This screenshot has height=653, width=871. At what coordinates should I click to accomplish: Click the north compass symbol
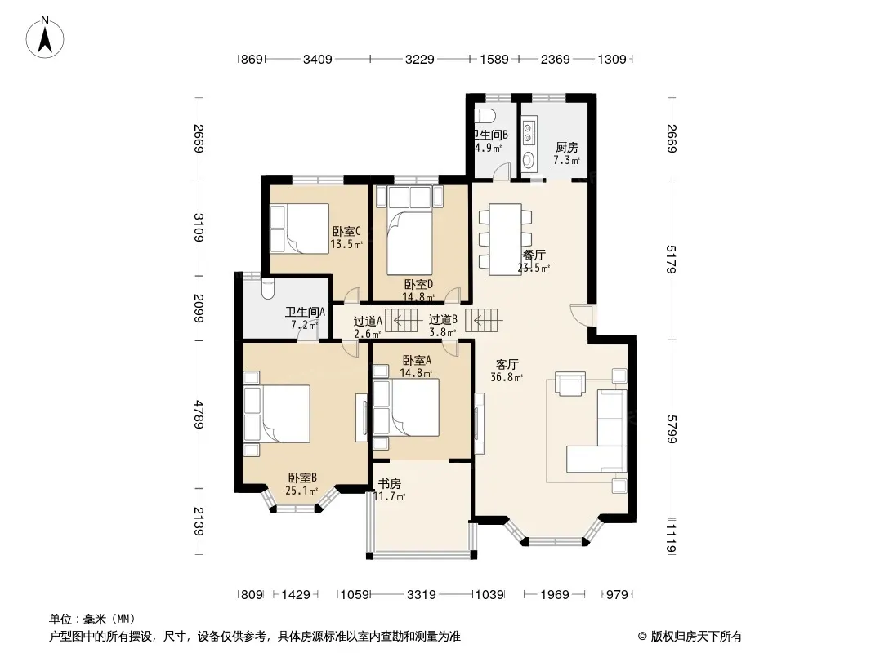click(x=45, y=37)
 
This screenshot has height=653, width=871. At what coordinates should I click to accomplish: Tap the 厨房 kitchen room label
click(x=566, y=148)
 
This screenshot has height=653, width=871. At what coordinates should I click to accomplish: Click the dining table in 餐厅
click(x=505, y=240)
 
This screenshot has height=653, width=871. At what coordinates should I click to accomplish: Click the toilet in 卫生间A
click(x=267, y=288)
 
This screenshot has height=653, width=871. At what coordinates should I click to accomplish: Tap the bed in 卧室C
click(x=299, y=229)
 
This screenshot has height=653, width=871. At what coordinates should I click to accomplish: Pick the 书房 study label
click(x=390, y=484)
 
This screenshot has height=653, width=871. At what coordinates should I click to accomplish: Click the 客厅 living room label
click(x=507, y=365)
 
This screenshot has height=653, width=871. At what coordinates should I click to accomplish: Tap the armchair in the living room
click(x=570, y=384)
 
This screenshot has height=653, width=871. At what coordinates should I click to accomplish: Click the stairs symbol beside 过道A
click(x=401, y=321)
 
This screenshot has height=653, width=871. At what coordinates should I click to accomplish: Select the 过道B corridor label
click(x=443, y=320)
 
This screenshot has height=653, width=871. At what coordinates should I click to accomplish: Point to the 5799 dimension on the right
click(x=672, y=429)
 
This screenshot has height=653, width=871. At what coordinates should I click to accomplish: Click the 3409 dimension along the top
click(x=318, y=59)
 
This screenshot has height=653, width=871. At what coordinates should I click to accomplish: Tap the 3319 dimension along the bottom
click(x=422, y=595)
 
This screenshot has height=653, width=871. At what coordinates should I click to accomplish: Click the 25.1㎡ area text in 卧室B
click(x=301, y=491)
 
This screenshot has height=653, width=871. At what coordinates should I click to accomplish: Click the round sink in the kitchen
click(x=529, y=160)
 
